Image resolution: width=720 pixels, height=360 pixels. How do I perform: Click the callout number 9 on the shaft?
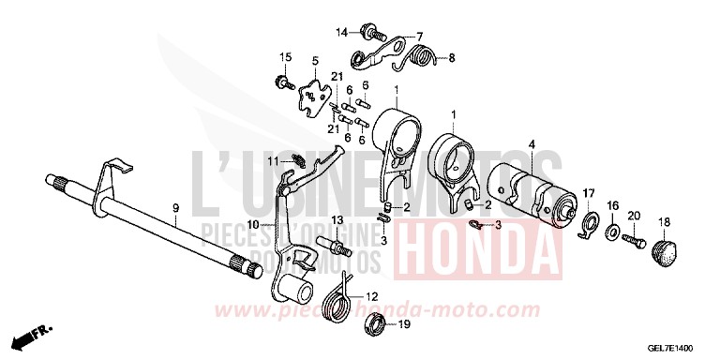[174, 205]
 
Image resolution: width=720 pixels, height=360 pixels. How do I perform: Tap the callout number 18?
[664, 222]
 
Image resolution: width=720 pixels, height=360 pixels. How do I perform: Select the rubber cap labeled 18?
[665, 249]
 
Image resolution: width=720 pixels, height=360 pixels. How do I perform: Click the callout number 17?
[589, 193]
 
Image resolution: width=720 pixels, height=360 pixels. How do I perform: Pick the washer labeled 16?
[611, 230]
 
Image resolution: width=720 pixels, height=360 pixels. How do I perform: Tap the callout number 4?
[531, 144]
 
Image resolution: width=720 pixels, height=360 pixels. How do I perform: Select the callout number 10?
[252, 224]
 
